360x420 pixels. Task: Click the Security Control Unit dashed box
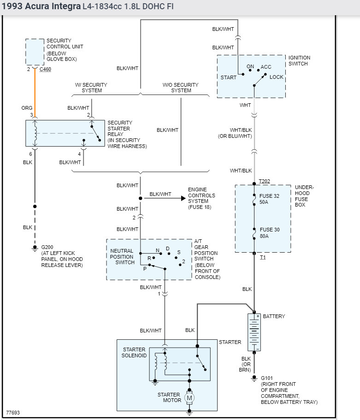[x=35, y=52]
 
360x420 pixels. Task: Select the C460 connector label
[x=45, y=70]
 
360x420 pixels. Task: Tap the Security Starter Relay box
[x=65, y=133]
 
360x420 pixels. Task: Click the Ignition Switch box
[x=251, y=77]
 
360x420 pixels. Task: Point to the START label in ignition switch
[x=228, y=77]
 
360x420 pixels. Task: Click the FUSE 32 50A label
[x=270, y=199]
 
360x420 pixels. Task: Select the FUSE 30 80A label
[x=270, y=233]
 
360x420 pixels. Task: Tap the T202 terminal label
[x=264, y=181]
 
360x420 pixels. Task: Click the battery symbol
[x=254, y=332]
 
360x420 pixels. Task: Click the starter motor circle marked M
[x=189, y=397]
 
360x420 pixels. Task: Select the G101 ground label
[x=267, y=378]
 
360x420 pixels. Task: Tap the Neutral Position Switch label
[x=122, y=257]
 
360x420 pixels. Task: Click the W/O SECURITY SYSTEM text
[x=181, y=88]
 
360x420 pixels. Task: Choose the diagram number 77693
[x=13, y=413]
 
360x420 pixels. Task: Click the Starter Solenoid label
[x=134, y=353]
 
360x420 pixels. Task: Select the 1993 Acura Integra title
[x=41, y=7]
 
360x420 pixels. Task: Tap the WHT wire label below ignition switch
[x=245, y=105]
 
